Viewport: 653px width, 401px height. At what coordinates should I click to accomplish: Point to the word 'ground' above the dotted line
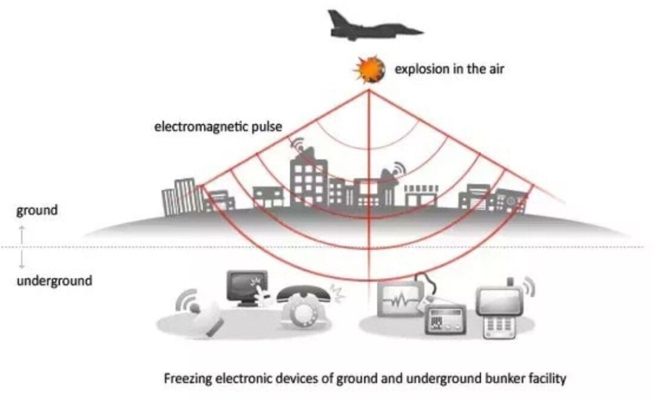(x=36, y=211)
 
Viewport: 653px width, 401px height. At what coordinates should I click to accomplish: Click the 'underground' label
(x=54, y=281)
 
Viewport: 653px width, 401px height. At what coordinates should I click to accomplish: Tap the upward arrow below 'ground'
(x=22, y=234)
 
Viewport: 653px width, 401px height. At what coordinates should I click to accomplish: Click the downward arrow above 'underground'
(x=22, y=259)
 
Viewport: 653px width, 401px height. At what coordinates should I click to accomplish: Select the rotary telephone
(x=304, y=308)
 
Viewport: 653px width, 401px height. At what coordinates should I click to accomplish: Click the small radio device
(x=444, y=319)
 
